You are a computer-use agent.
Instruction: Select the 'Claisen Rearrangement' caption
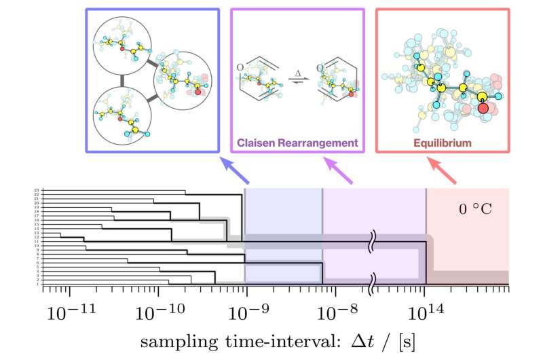pyautogui.click(x=297, y=143)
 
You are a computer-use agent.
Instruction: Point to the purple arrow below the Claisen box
pyautogui.click(x=336, y=171)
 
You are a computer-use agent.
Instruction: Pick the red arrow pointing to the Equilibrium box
pyautogui.click(x=439, y=171)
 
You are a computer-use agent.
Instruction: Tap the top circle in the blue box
pyautogui.click(x=124, y=44)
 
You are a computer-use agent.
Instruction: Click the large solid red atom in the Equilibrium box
pyautogui.click(x=483, y=108)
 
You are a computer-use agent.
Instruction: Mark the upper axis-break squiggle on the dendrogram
pyautogui.click(x=373, y=241)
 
